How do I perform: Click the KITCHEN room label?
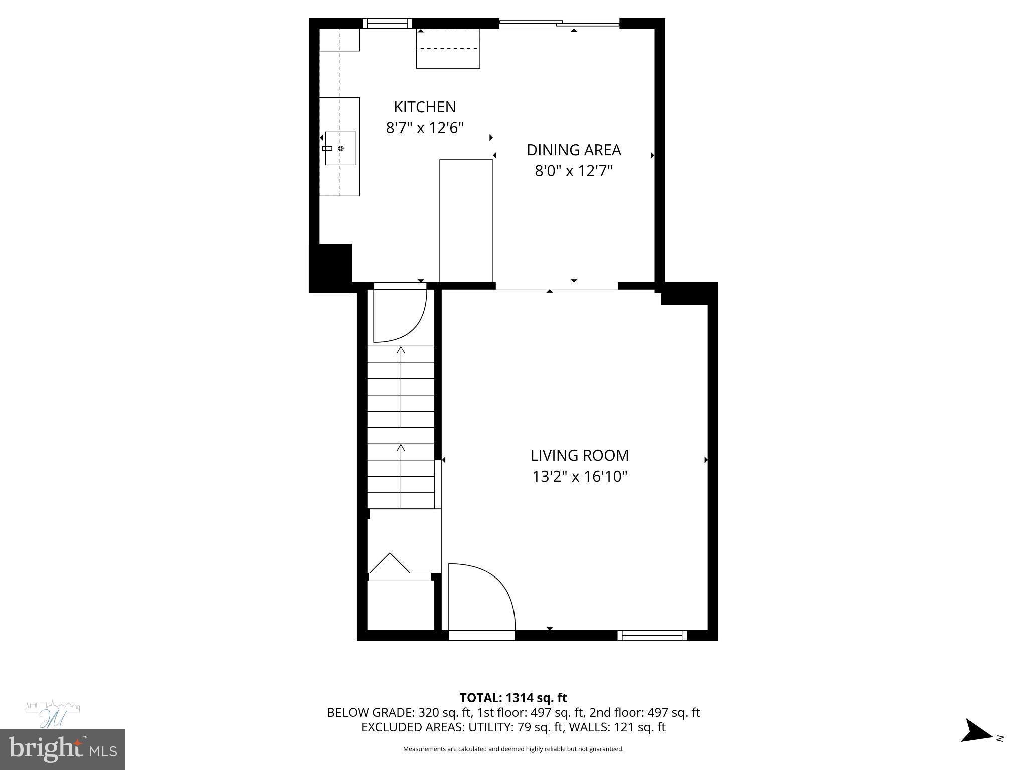[425, 107]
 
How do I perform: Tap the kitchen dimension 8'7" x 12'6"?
[425, 128]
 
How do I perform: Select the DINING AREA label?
[574, 150]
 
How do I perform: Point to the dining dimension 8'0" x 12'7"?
[574, 171]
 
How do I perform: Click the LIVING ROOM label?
[579, 455]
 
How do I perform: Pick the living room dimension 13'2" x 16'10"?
[579, 476]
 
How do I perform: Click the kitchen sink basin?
[340, 148]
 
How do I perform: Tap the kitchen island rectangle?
[466, 221]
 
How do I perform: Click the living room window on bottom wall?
[652, 635]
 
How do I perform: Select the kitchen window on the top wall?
[387, 23]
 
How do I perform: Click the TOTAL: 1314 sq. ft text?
[513, 698]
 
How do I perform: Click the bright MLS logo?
[62, 749]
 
